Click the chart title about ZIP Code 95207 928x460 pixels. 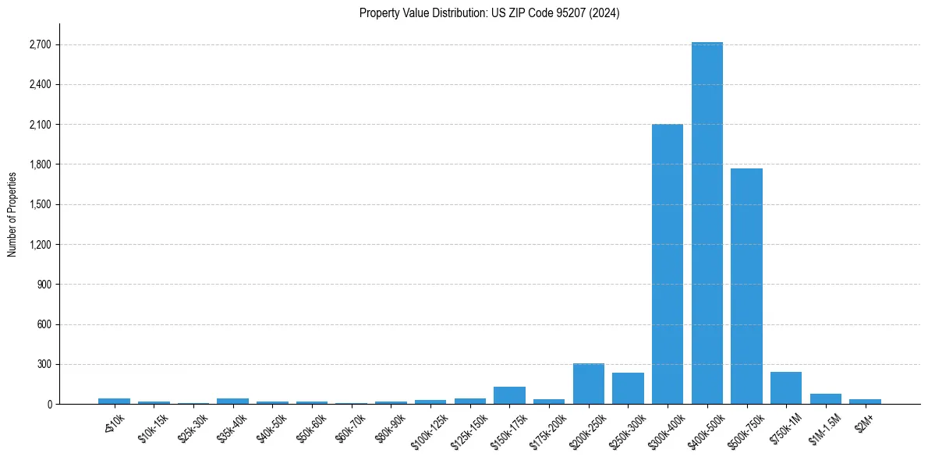point(489,13)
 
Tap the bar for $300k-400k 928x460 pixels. point(668,264)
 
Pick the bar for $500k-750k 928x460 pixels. point(746,286)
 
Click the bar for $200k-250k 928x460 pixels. point(589,384)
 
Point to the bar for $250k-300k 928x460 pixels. point(628,388)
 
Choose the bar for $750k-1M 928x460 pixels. point(786,388)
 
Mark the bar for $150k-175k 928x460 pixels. point(509,395)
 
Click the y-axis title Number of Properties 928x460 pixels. point(12,214)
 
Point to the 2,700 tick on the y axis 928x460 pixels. point(40,44)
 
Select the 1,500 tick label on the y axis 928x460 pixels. point(40,205)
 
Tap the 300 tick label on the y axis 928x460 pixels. point(44,365)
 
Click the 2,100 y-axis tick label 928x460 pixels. point(40,125)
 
